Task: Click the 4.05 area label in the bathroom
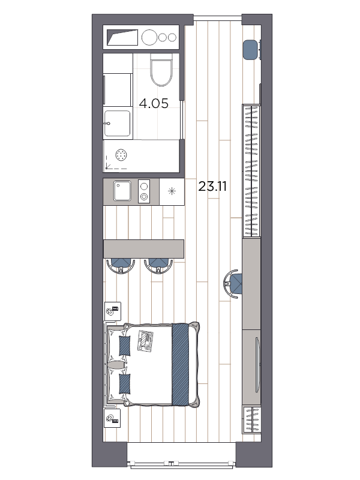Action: (x=154, y=103)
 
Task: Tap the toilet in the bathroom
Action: (x=161, y=71)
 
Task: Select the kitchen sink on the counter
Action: (x=123, y=191)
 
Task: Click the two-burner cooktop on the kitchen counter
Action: (x=144, y=191)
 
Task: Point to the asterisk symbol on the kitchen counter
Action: (x=172, y=191)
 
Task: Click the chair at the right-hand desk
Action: (x=233, y=283)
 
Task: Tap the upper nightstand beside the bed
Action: (x=113, y=311)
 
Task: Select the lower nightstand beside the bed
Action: (x=113, y=418)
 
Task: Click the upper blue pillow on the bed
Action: (x=125, y=346)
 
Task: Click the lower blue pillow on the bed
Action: (x=125, y=383)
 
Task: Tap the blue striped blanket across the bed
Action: (x=181, y=364)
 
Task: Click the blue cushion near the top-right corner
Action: (x=251, y=49)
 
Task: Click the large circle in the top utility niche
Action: (x=149, y=37)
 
